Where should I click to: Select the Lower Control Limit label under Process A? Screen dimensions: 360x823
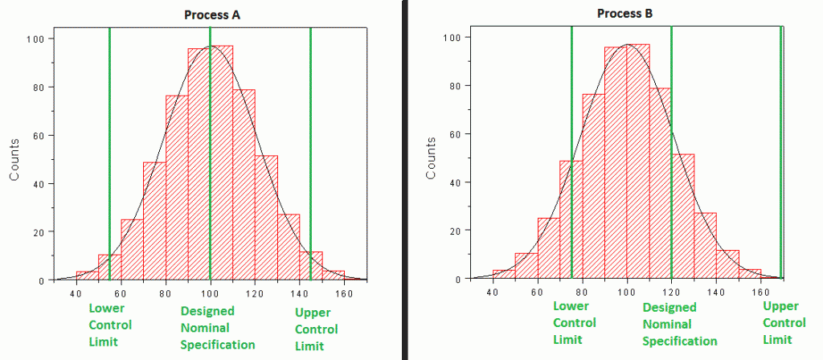tap(110, 325)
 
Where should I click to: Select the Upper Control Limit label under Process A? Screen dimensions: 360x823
tap(317, 329)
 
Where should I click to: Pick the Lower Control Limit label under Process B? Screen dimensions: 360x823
tap(575, 322)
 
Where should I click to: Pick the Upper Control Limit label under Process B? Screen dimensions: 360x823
tap(784, 322)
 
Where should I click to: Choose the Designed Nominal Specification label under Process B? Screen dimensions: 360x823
tap(680, 324)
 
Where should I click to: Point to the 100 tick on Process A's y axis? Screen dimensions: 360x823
tap(38, 39)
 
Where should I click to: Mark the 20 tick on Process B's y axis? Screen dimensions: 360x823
tap(455, 231)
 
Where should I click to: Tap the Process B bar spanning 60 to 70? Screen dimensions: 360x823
tap(549, 248)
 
